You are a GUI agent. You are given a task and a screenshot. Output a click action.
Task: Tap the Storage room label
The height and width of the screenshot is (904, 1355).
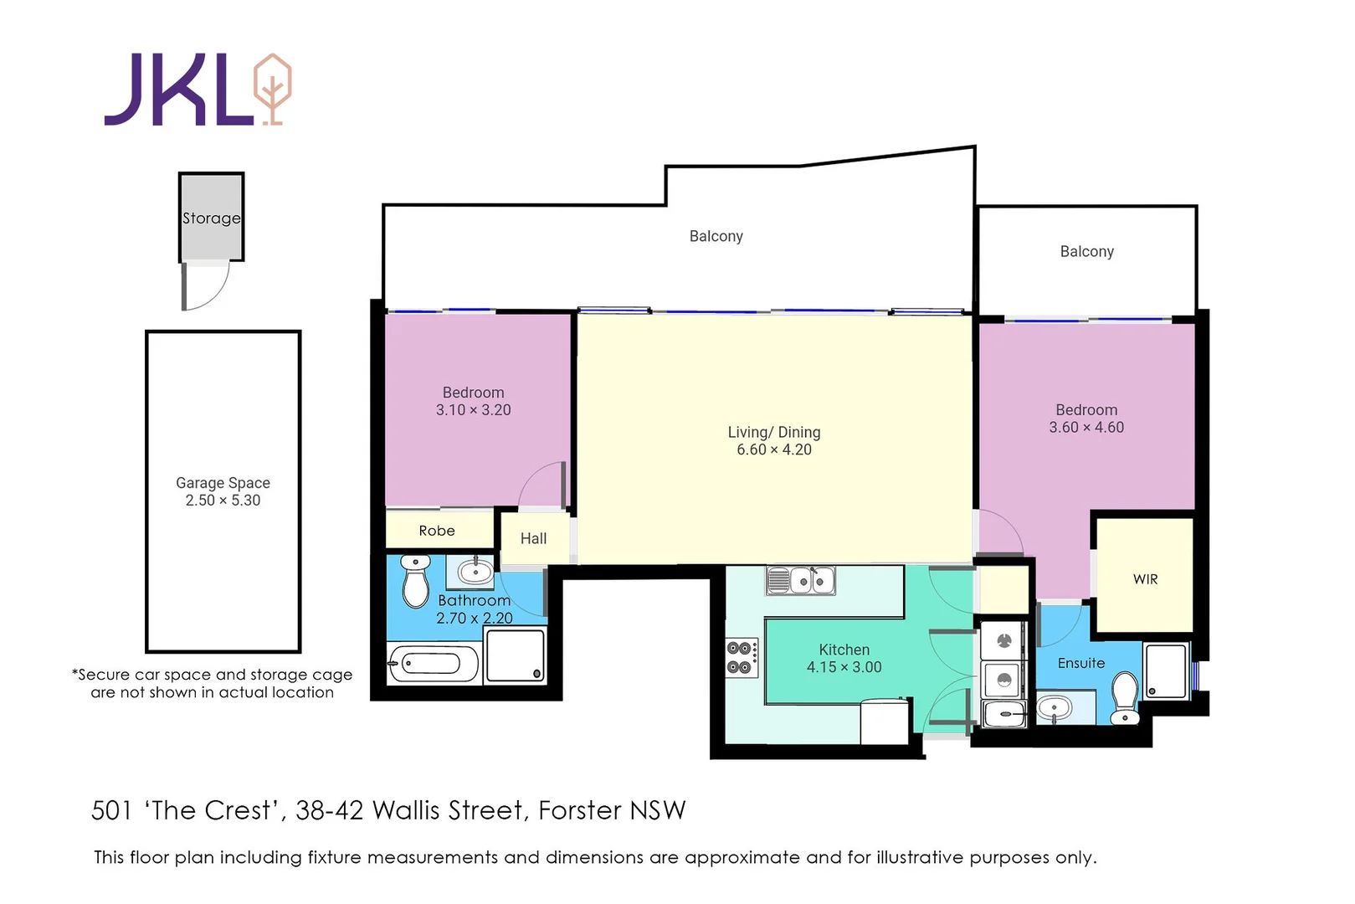pos(212,218)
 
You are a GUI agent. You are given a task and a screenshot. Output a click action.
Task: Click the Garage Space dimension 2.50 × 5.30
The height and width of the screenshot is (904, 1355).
pos(223,501)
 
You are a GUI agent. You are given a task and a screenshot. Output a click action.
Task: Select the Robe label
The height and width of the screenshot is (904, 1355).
pos(437,531)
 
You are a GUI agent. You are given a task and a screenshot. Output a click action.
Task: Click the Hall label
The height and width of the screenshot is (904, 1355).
pos(533,539)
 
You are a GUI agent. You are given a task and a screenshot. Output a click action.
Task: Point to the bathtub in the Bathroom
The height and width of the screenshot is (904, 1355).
pos(432,665)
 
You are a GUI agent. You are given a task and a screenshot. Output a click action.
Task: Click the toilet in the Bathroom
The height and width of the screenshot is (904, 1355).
pos(415,582)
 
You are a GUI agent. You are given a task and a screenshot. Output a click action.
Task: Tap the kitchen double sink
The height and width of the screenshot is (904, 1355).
pos(802,580)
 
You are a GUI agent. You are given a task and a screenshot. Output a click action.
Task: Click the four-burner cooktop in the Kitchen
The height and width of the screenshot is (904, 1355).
pos(741,658)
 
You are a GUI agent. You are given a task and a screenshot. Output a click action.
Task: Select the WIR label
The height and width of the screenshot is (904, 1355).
pos(1145,579)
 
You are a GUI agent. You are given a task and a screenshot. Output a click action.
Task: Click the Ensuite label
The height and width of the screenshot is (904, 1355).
pos(1080,663)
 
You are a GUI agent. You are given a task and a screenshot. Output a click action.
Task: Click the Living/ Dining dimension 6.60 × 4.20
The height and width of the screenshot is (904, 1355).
pos(773,450)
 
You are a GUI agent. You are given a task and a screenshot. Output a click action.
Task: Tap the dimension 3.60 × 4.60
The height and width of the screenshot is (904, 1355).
pos(1086,428)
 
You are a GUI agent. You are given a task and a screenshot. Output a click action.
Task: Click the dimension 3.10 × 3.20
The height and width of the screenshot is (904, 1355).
pos(473,410)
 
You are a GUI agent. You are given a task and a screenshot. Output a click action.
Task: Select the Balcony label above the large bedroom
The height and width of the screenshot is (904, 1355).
pos(1086,252)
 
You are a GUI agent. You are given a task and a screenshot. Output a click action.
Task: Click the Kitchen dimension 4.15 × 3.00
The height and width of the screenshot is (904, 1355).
pos(844,667)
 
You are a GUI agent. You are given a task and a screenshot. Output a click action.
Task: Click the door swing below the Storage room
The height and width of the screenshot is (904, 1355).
pos(206,286)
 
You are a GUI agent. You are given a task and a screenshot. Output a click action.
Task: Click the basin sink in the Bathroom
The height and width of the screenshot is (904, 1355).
pos(475,573)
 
